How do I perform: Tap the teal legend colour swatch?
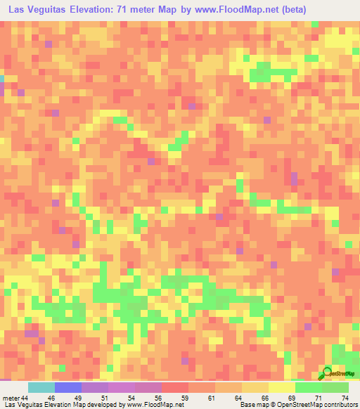click(41, 387)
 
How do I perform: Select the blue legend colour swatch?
click(67, 387)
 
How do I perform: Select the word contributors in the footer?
click(338, 404)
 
